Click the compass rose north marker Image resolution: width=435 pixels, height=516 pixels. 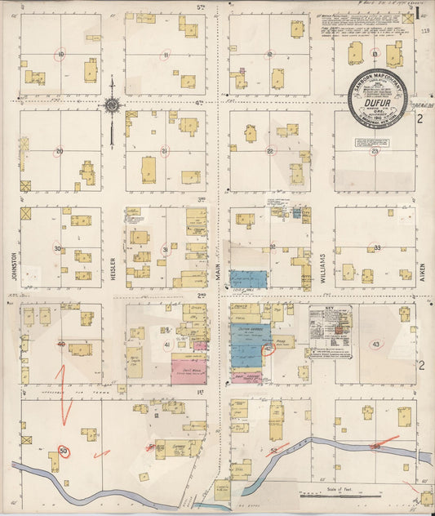111,105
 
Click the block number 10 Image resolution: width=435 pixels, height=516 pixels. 60,55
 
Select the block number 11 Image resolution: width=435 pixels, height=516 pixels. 166,55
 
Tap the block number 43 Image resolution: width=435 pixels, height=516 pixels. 375,345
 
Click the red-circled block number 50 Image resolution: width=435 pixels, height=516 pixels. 64,450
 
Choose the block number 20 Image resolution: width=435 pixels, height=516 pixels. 59,151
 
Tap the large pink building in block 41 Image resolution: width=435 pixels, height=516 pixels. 188,371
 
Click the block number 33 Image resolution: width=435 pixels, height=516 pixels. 376,247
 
